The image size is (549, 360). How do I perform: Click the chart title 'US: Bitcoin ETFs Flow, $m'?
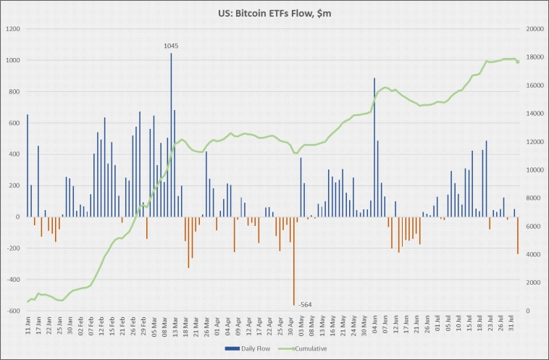point(274,13)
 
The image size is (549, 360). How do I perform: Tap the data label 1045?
point(172,46)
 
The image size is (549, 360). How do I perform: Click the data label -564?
point(306,305)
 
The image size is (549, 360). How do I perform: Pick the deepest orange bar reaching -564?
point(294,261)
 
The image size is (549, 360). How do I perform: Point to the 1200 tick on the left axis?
point(14,29)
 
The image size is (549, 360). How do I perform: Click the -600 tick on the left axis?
point(14,311)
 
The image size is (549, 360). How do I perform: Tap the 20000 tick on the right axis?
point(535,29)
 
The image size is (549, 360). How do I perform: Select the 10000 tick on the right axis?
point(535,169)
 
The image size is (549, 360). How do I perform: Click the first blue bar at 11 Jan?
point(28,165)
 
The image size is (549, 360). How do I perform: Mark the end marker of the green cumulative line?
point(518,62)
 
